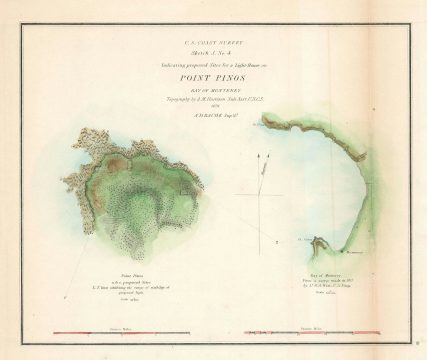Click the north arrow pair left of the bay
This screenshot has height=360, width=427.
click(x=262, y=165)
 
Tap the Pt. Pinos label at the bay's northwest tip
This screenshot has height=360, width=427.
click(x=262, y=126)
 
